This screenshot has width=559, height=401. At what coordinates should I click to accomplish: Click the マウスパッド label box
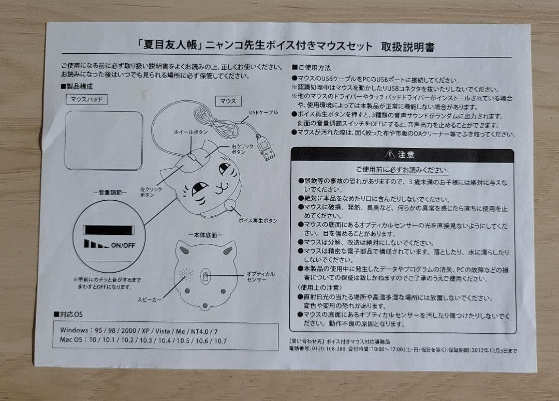pos(86,99)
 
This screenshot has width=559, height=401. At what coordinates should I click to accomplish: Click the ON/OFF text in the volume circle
pos(123,245)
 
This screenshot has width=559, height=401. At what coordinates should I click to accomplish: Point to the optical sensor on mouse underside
pos(206,276)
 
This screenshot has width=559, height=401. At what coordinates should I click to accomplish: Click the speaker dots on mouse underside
pos(185,274)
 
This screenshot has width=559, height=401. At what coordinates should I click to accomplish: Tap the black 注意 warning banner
pos(402,155)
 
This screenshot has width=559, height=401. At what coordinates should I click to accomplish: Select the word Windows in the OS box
pos(74,330)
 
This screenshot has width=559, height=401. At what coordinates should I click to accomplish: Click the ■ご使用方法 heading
pos(312,67)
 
